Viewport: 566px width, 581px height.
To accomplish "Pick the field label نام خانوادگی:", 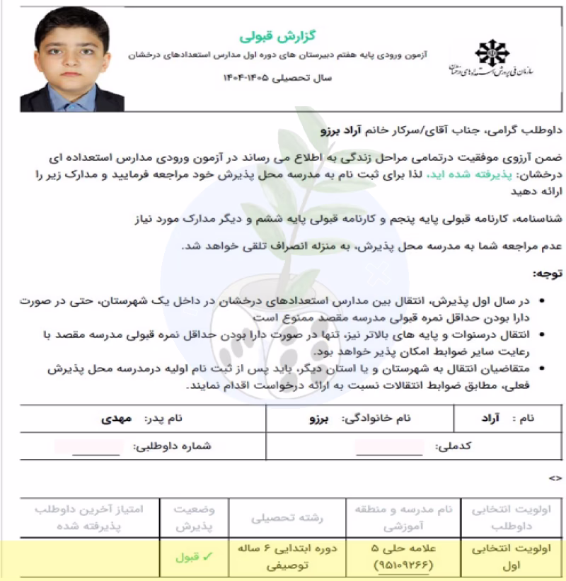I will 376,418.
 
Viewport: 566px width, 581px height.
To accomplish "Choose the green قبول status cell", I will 190,557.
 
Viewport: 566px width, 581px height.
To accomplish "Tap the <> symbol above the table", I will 555,478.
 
